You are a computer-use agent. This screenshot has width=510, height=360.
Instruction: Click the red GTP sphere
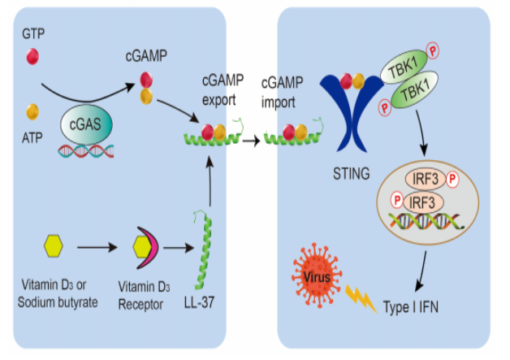click(32, 56)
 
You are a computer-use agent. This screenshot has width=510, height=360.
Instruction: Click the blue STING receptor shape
click(350, 118)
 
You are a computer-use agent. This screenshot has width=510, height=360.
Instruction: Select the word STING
click(350, 171)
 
